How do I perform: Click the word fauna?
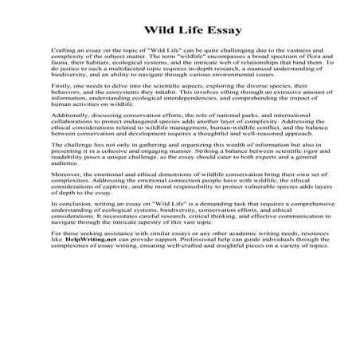(x=58, y=65)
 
